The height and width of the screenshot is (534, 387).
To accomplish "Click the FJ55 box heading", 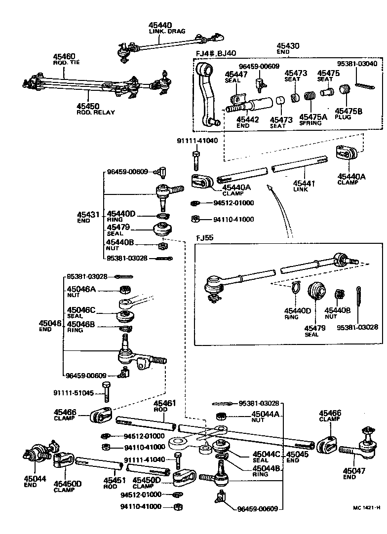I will [x=204, y=237].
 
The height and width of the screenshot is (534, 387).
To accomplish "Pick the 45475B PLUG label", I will [x=348, y=114].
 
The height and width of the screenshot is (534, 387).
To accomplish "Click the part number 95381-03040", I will [x=357, y=64].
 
